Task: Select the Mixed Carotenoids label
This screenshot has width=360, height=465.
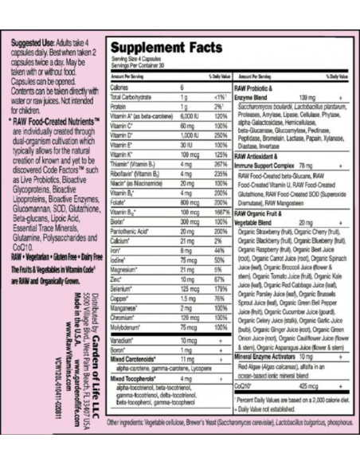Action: point(133,360)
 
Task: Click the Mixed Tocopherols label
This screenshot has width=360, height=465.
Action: point(134,379)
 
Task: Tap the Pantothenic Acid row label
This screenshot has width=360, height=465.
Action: point(131,232)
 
